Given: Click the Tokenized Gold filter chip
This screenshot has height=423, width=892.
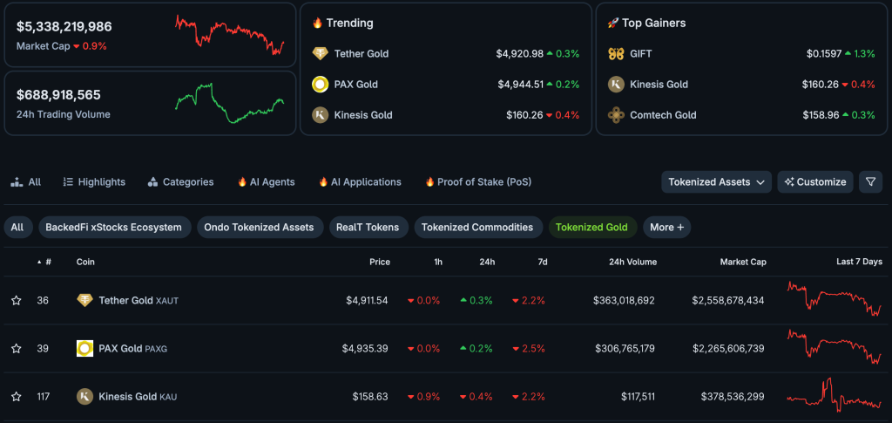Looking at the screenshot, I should tap(591, 227).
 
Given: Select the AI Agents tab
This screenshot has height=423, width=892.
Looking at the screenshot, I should tap(266, 182).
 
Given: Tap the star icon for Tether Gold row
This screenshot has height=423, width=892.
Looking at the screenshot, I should tap(16, 301).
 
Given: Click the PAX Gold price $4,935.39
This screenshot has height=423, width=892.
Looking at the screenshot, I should tap(366, 349).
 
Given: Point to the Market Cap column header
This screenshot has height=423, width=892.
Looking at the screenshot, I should tap(742, 262).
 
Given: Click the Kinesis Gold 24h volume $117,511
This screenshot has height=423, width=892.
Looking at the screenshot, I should tap(638, 397).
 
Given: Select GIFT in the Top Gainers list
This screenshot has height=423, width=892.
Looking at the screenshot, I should tap(640, 54).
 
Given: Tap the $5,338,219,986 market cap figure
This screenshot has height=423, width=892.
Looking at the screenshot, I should tap(64, 27).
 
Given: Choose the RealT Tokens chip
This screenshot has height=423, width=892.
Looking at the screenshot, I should tap(367, 227).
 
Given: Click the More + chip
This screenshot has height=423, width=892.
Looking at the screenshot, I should tap(666, 227).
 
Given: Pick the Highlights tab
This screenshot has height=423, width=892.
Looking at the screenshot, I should tap(94, 182).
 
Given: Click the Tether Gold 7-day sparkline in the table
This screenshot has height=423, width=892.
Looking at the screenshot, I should tap(834, 299).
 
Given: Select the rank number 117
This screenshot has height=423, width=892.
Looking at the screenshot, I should tap(43, 397).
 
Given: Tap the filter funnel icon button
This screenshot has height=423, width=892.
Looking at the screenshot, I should tap(870, 182).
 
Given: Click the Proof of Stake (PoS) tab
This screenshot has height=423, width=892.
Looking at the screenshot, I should tap(478, 182).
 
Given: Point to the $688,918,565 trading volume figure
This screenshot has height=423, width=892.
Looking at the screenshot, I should tap(58, 95).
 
